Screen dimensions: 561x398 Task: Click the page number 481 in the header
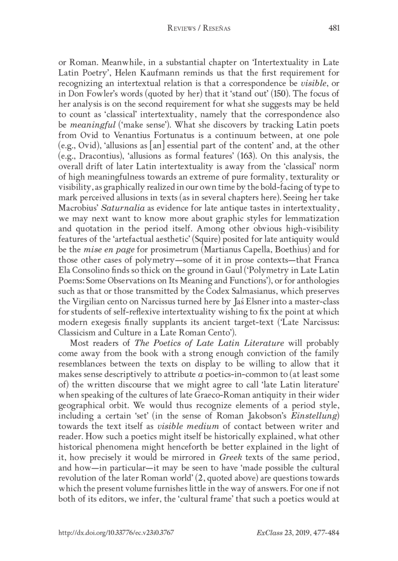point(334,29)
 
